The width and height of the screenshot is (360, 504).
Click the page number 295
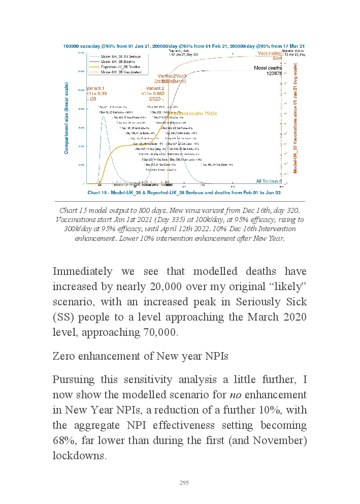[x=184, y=483]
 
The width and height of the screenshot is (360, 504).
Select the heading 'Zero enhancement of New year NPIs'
[x=140, y=356]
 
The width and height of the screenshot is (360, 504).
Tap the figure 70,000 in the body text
[x=157, y=333]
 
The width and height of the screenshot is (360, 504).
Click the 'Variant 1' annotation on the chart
[x=97, y=87]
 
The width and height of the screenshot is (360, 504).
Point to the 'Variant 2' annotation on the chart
[x=155, y=88]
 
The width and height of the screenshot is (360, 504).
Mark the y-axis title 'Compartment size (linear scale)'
[x=67, y=119]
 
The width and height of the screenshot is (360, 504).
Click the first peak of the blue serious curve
[x=103, y=116]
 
